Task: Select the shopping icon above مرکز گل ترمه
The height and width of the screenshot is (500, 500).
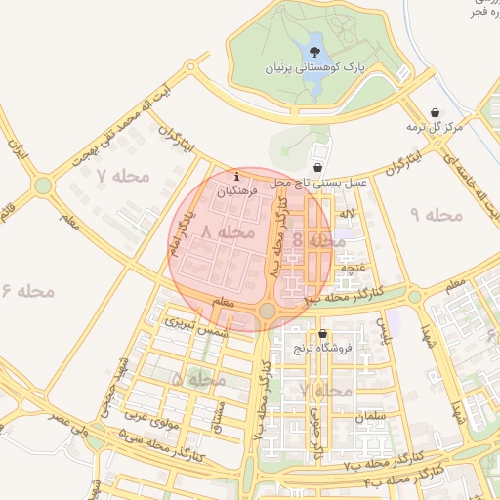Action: coord(435,111)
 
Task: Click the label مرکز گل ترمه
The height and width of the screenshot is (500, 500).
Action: coord(435,128)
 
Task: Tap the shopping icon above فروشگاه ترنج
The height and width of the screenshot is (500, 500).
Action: coord(322,334)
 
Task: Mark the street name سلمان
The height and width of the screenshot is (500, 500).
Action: coord(373,417)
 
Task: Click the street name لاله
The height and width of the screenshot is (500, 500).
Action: coord(348,212)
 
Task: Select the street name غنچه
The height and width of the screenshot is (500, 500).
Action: coord(352,265)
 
